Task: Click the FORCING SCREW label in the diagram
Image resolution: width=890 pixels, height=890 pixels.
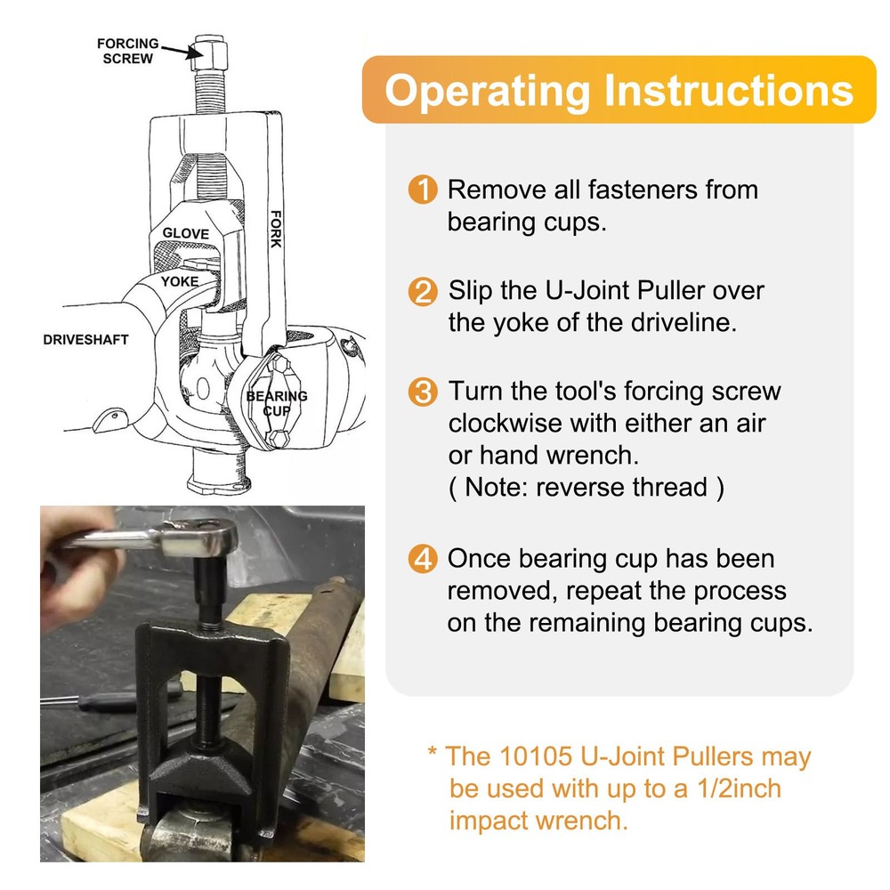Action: click(128, 51)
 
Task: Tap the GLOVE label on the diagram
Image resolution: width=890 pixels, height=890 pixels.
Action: click(185, 234)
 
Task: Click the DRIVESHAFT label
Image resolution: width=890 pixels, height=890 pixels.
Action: click(85, 339)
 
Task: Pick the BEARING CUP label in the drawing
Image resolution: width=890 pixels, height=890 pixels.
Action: click(277, 403)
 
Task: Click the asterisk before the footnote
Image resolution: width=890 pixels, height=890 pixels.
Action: click(433, 755)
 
